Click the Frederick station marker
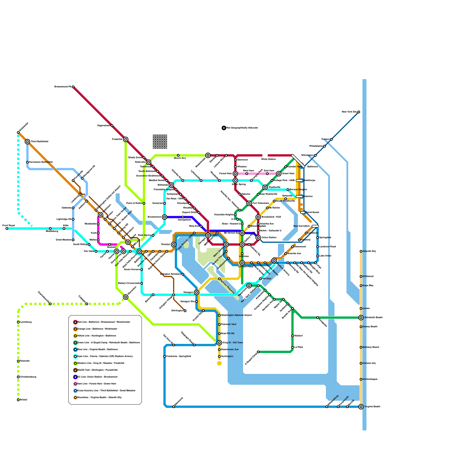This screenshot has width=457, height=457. pyautogui.click(x=126, y=139)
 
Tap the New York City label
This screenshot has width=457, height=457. pyautogui.click(x=349, y=112)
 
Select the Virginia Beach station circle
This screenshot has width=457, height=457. pyautogui.click(x=361, y=407)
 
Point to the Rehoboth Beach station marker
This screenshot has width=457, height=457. pyautogui.click(x=361, y=318)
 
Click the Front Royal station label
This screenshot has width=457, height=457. pyautogui.click(x=8, y=225)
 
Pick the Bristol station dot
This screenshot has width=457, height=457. pyautogui.click(x=18, y=400)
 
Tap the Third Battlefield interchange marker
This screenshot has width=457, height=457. pyautogui.click(x=27, y=142)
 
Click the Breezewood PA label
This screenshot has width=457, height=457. pyautogui.click(x=63, y=87)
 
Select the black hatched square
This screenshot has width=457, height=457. pyautogui.click(x=160, y=142)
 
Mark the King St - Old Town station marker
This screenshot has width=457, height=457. pyautogui.click(x=219, y=343)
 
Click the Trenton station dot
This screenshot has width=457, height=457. pyautogui.click(x=331, y=139)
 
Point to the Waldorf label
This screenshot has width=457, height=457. pyautogui.click(x=298, y=336)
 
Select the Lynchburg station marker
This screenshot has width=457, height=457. pyautogui.click(x=18, y=322)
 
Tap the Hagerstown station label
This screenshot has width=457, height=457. pyautogui.click(x=104, y=126)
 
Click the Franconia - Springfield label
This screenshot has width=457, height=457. pyautogui.click(x=179, y=356)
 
